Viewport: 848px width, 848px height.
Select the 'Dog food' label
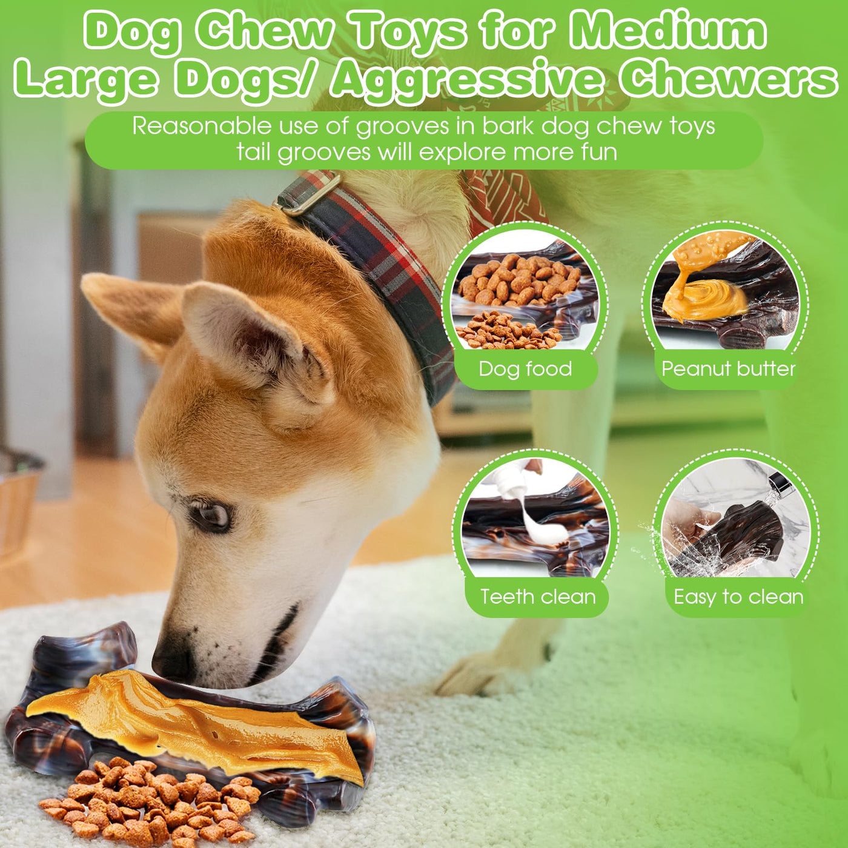pyautogui.click(x=525, y=369)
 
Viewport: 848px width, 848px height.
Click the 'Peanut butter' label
pyautogui.click(x=728, y=369)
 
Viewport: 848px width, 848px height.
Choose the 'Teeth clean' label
pyautogui.click(x=537, y=597)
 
